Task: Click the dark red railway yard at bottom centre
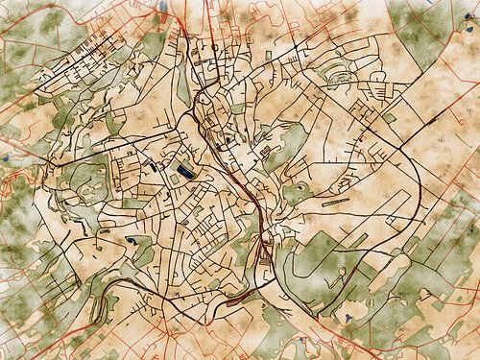click(264, 252)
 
